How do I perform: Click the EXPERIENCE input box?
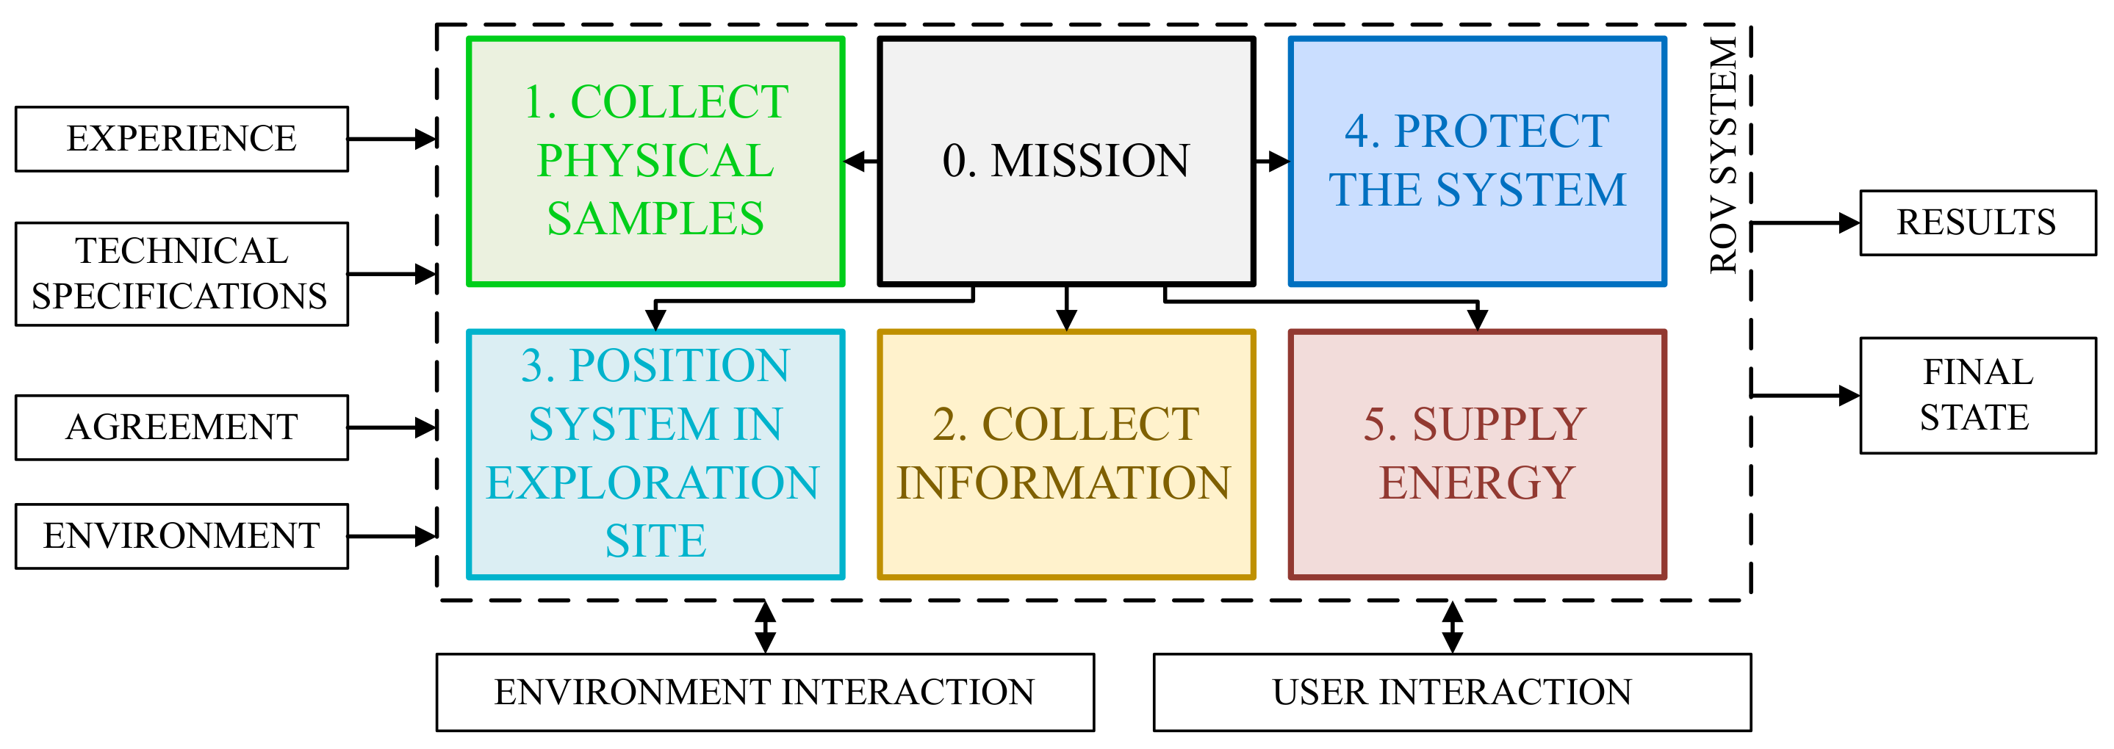pyautogui.click(x=181, y=139)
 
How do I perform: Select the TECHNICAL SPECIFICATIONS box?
pyautogui.click(x=181, y=274)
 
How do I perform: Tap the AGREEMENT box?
pyautogui.click(x=181, y=427)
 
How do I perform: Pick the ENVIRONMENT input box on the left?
pyautogui.click(x=181, y=536)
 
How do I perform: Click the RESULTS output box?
pyautogui.click(x=1977, y=222)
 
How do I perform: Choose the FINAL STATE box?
pyautogui.click(x=1977, y=394)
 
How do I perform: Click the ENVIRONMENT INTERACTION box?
pyautogui.click(x=765, y=692)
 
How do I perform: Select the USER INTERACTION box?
pyautogui.click(x=1452, y=692)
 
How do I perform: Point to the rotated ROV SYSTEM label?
pyautogui.click(x=1724, y=155)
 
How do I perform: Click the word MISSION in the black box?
pyautogui.click(x=1090, y=161)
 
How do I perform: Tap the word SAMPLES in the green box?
pyautogui.click(x=655, y=219)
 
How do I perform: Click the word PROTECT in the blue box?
pyautogui.click(x=1501, y=131)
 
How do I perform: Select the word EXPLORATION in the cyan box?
pyautogui.click(x=652, y=482)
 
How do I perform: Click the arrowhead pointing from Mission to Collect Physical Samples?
pyautogui.click(x=855, y=162)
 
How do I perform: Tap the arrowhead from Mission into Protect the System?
pyautogui.click(x=1279, y=162)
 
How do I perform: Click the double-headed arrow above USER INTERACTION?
pyautogui.click(x=1453, y=628)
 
